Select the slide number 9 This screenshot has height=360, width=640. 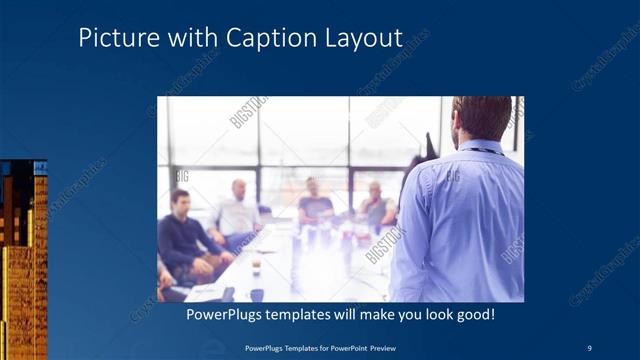point(589,348)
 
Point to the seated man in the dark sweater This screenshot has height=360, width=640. point(181,240)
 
